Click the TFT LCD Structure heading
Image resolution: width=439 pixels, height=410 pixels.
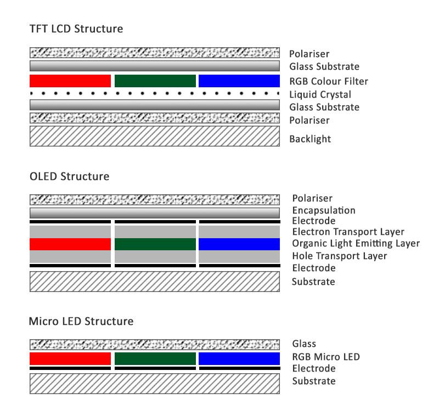76,29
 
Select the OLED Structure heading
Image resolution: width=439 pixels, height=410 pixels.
69,176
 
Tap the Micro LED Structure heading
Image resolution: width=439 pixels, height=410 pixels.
81,321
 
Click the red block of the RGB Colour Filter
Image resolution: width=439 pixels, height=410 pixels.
70,81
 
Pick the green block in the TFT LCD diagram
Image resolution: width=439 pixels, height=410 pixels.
155,81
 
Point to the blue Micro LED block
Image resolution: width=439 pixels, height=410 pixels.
239,358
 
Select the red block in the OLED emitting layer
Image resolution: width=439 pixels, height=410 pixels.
70,244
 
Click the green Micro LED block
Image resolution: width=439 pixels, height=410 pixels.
155,358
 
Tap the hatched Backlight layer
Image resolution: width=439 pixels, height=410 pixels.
154,136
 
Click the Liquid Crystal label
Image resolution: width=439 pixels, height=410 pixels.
320,94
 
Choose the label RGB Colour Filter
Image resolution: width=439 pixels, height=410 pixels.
328,81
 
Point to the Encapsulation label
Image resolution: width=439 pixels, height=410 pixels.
324,210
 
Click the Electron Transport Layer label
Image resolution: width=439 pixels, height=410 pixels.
348,232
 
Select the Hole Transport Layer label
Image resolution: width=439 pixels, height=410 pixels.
340,256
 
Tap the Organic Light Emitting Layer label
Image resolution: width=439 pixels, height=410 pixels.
356,243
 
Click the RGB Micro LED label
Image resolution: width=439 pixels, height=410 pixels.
326,357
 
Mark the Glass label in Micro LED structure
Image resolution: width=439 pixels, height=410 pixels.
304,344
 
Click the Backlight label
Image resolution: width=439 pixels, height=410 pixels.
310,139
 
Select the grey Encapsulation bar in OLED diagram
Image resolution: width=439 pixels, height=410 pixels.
154,212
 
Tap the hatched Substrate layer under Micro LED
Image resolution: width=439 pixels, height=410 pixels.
154,383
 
